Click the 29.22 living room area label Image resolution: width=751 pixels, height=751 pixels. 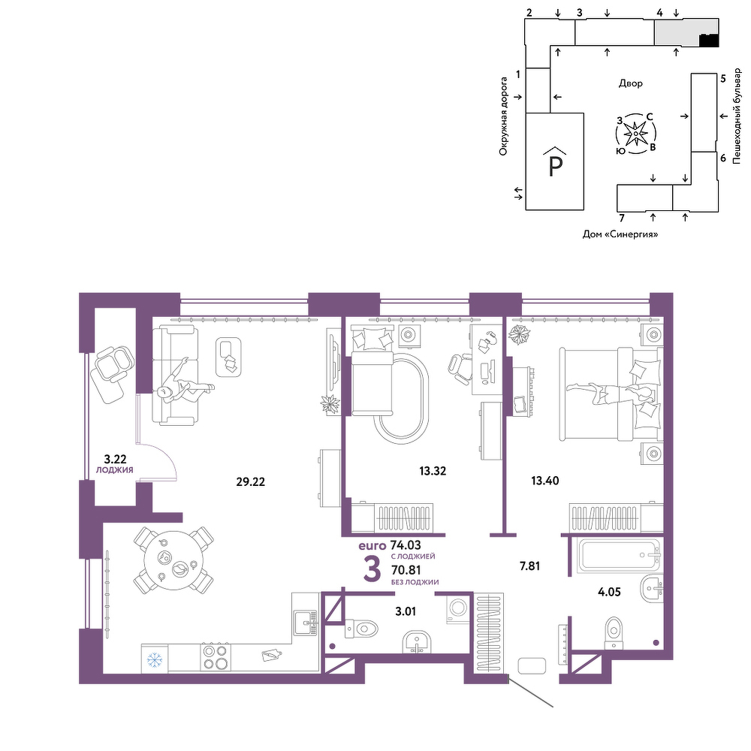tap(250, 482)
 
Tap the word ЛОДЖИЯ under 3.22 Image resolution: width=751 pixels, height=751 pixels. tap(114, 470)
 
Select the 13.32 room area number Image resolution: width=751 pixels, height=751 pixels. tap(433, 471)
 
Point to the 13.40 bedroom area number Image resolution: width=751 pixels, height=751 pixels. tap(545, 481)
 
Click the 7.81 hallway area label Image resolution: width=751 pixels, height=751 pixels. tap(529, 566)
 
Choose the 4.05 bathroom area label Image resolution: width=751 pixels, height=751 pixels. tap(609, 592)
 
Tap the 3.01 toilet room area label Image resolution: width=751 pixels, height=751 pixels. tap(406, 611)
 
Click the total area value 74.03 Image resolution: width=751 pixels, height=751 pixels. tap(406, 545)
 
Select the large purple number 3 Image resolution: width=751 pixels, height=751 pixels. tap(372, 569)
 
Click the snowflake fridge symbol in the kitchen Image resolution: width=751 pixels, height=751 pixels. tap(154, 660)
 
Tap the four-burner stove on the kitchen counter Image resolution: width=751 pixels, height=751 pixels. tap(215, 657)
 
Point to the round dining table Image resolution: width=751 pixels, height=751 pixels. tap(173, 561)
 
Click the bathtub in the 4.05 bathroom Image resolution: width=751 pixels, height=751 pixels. tap(620, 556)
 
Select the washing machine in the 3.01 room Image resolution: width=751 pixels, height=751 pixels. tap(457, 609)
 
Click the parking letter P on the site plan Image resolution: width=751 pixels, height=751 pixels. tap(555, 166)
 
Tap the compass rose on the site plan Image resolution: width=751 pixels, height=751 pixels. tap(635, 134)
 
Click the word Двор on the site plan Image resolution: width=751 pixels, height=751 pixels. tap(630, 83)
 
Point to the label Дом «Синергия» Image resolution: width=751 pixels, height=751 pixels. tap(620, 234)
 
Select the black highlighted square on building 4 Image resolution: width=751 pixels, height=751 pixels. tap(710, 41)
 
